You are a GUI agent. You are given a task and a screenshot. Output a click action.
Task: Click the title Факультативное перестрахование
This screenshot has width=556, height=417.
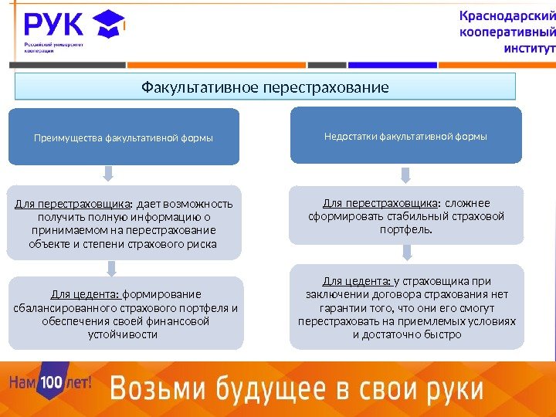point(265,86)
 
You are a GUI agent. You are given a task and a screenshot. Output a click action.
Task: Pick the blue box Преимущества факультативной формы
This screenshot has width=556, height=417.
point(124,137)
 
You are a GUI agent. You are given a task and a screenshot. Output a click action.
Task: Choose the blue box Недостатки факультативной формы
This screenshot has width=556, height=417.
point(405,136)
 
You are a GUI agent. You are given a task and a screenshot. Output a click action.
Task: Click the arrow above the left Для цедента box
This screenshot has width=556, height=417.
point(112,268)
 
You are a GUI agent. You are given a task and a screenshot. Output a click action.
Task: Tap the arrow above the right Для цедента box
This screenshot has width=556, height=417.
point(406,253)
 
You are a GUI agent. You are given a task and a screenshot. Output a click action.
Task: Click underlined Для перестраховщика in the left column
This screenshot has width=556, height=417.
point(73,204)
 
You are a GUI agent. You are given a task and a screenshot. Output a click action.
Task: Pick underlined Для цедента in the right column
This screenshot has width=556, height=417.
point(356,280)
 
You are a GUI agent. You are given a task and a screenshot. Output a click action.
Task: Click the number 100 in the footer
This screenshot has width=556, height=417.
point(50,382)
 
